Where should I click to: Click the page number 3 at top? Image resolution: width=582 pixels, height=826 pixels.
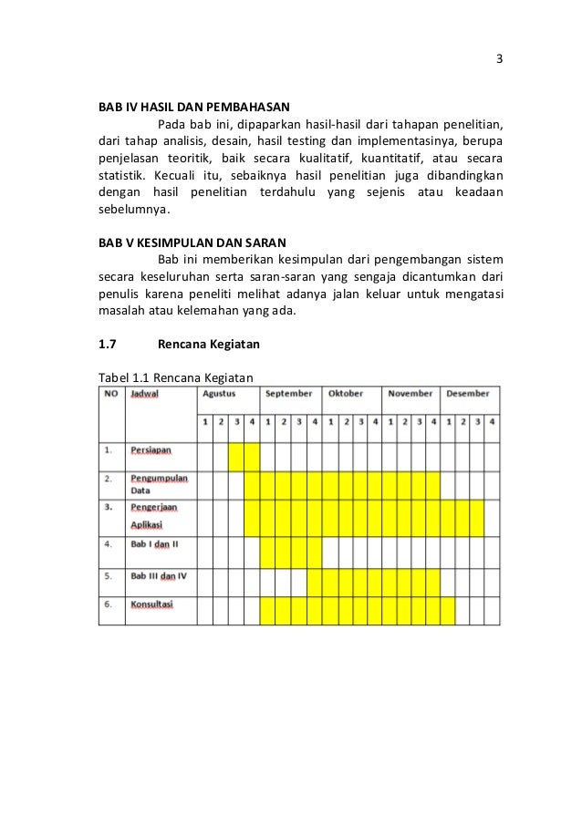pyautogui.click(x=499, y=60)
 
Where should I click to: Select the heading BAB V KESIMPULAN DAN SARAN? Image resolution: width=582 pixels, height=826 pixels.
pyautogui.click(x=192, y=243)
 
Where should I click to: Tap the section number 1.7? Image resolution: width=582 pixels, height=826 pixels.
pyautogui.click(x=109, y=345)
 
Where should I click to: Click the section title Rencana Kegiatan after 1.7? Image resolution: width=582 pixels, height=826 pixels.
pyautogui.click(x=209, y=345)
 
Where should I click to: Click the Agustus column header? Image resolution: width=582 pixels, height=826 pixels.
pyautogui.click(x=219, y=394)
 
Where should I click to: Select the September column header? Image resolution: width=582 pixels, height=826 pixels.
pyautogui.click(x=288, y=394)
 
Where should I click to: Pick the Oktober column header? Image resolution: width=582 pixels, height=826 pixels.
pyautogui.click(x=346, y=394)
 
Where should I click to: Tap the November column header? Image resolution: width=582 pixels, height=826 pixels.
pyautogui.click(x=410, y=394)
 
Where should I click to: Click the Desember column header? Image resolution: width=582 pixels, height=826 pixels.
pyautogui.click(x=467, y=394)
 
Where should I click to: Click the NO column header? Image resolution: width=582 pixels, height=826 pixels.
pyautogui.click(x=110, y=394)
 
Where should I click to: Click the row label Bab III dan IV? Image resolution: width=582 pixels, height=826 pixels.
pyautogui.click(x=159, y=576)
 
